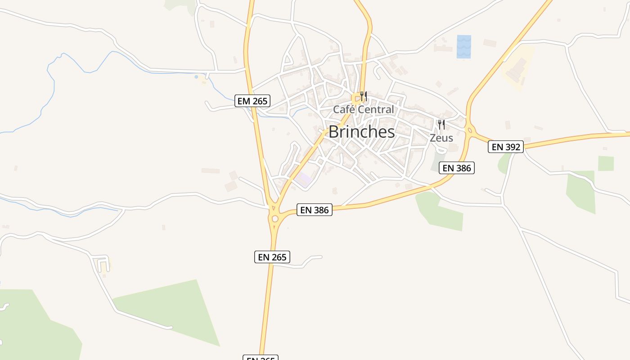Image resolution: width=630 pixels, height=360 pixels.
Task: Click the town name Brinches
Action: point(362,132)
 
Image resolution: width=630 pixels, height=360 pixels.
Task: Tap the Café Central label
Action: point(363,109)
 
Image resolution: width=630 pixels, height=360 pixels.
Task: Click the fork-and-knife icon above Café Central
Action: point(364,96)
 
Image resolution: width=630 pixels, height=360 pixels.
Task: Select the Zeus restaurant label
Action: point(441,138)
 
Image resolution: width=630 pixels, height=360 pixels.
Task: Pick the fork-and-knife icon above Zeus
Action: point(441,125)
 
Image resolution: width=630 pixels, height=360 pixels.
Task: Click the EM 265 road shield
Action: point(252,101)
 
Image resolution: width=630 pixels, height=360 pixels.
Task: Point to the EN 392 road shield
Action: point(506,147)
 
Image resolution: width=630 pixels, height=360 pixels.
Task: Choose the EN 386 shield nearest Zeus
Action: point(457,168)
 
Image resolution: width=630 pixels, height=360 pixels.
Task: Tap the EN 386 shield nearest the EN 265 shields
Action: point(315,210)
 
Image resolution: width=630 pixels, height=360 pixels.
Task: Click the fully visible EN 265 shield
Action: point(272,257)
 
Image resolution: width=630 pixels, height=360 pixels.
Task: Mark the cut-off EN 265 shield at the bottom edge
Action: point(261,358)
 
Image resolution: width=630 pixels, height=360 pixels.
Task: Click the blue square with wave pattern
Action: point(464,47)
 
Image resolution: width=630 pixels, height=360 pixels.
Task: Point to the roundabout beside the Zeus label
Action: point(470,131)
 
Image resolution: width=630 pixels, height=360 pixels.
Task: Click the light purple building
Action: point(304,180)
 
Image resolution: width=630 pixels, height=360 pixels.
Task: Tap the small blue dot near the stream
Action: point(196,77)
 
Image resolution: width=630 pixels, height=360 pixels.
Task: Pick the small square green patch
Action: point(606,163)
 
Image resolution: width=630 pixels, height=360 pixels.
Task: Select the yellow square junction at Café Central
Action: point(356,98)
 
